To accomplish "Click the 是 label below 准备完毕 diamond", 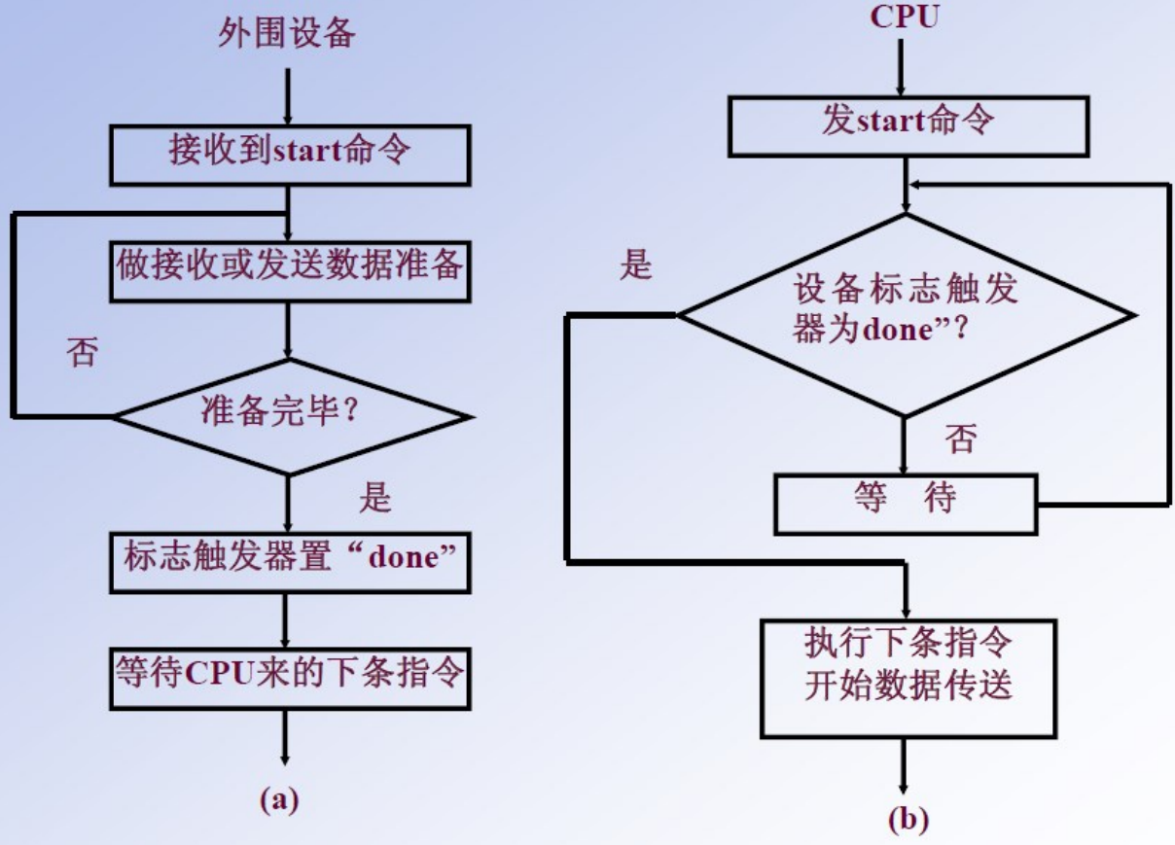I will [375, 498].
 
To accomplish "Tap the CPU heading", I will [905, 17].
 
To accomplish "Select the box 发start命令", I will [907, 124].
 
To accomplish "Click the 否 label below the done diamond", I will [959, 440].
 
